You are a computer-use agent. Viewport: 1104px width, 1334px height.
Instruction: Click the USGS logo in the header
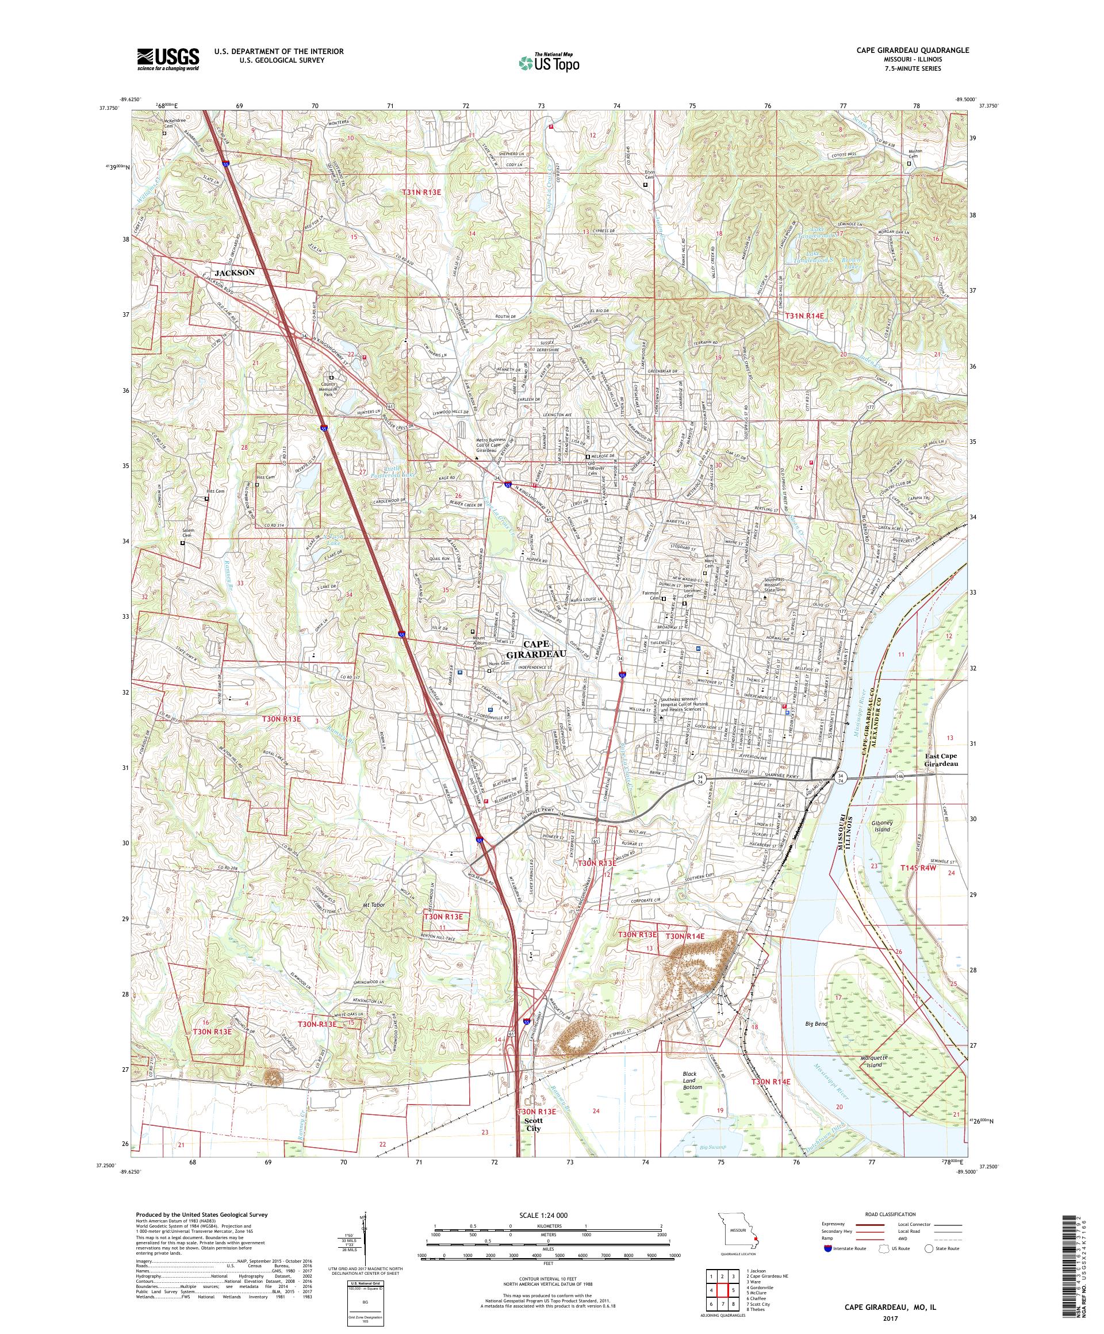click(168, 60)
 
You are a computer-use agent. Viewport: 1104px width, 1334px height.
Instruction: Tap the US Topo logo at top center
click(550, 62)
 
